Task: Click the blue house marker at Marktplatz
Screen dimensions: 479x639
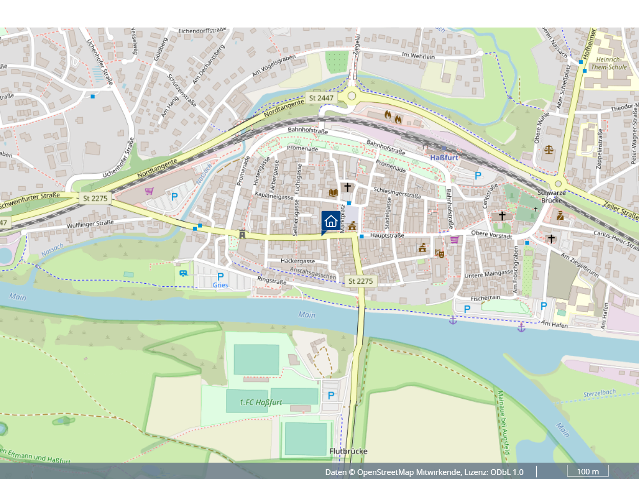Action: [x=330, y=221]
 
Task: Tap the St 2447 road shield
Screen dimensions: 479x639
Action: [x=321, y=97]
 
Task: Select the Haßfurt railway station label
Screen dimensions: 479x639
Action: [x=444, y=157]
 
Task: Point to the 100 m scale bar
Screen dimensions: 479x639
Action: [x=587, y=471]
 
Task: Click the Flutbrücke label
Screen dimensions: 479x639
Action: [x=349, y=451]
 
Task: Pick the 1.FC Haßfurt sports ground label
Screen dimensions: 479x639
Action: [x=261, y=402]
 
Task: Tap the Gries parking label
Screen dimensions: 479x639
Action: [x=221, y=285]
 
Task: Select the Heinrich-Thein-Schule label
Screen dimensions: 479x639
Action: [x=608, y=63]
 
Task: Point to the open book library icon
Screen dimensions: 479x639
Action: [x=333, y=192]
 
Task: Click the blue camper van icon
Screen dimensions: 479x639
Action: [x=184, y=272]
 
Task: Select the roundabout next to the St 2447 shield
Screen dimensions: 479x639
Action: [x=351, y=96]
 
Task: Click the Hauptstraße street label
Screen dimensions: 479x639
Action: [x=387, y=236]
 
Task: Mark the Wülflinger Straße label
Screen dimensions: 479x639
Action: [x=90, y=223]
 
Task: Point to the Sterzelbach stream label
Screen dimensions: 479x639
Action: [x=600, y=394]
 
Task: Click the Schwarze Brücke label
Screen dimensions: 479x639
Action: [x=552, y=197]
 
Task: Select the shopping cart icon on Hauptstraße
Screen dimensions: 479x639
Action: [x=454, y=239]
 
